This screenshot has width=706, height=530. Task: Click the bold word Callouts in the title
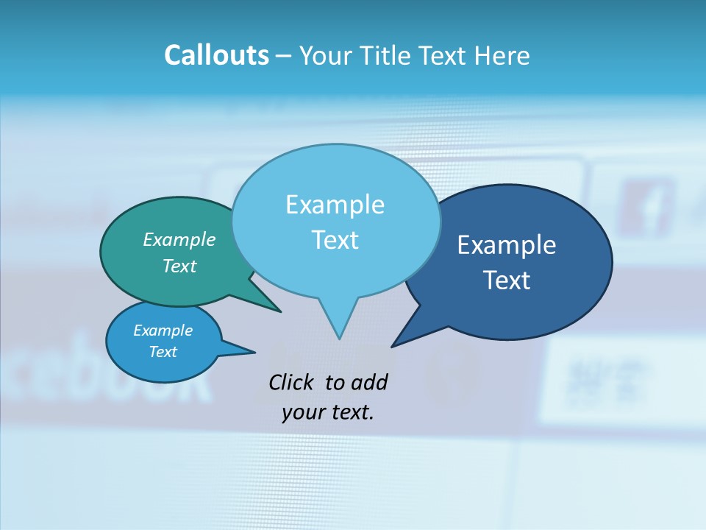216,55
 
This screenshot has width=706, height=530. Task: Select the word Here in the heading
503,55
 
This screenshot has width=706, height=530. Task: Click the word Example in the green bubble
179,239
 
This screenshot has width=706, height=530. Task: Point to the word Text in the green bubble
179,266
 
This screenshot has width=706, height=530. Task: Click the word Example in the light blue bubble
335,205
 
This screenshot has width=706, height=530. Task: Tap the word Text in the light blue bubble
335,240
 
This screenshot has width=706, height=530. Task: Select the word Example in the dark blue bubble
507,245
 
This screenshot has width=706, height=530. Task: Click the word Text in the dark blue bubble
507,280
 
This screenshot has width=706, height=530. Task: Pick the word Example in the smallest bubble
163,331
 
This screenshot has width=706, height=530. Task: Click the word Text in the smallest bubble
163,352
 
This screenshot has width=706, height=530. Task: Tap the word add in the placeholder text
369,382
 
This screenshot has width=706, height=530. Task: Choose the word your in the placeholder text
303,412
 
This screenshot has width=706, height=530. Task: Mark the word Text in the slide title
446,55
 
